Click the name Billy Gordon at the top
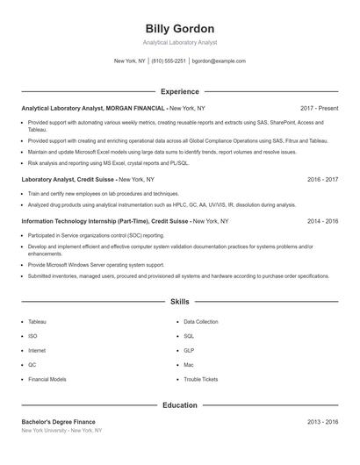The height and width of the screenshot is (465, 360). tap(180, 28)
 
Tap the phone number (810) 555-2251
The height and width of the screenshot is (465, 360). tap(169, 61)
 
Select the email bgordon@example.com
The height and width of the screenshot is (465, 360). tap(219, 61)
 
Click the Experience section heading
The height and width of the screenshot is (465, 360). tap(180, 91)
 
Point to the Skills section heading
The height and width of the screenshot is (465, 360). tap(180, 301)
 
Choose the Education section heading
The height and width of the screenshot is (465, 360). tap(180, 405)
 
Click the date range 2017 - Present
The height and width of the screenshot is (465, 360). tap(319, 108)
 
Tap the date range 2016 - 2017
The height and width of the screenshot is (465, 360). tap(322, 179)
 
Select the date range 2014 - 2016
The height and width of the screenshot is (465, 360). tap(322, 222)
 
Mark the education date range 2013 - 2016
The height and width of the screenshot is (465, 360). tap(322, 422)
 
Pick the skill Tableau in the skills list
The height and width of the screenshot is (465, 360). tap(38, 322)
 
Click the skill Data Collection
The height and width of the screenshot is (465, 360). tap(201, 322)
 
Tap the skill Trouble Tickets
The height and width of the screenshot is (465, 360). tap(200, 379)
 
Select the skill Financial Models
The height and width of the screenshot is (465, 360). tap(47, 379)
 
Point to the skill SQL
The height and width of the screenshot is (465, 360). tap(189, 336)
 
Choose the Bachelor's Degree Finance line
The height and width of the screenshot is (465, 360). tap(58, 422)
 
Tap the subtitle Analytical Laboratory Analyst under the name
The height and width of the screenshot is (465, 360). tap(180, 42)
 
